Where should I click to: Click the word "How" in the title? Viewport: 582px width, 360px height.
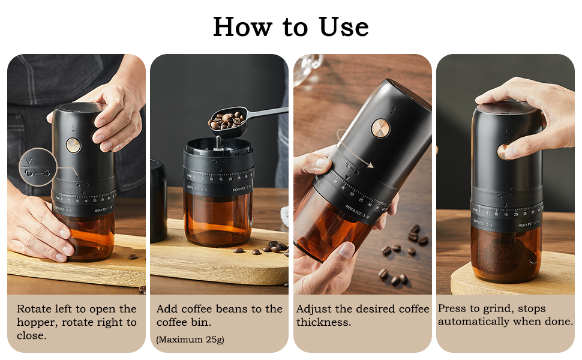(239, 27)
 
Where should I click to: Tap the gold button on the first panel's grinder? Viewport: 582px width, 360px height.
(73, 146)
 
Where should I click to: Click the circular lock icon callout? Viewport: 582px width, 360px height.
(38, 167)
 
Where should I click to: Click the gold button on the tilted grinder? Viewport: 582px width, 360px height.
(379, 127)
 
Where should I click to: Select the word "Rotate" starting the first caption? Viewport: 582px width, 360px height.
(34, 309)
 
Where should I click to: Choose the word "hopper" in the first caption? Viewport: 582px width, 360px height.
(36, 322)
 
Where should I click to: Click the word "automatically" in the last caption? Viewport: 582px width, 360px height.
(473, 322)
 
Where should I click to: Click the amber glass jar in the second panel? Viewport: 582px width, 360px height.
(218, 219)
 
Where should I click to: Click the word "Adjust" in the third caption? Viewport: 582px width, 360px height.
(314, 309)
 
